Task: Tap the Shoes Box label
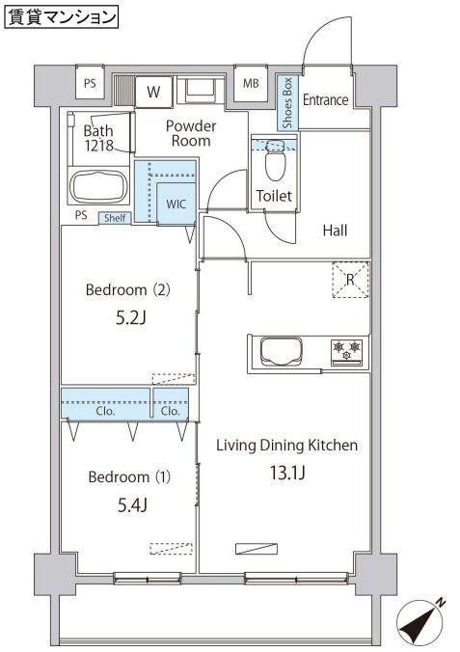tap(287, 103)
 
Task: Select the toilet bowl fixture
tap(274, 160)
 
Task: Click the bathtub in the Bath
tap(99, 186)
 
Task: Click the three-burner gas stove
tap(347, 353)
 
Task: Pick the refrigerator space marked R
tap(350, 280)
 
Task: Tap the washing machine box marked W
tap(153, 92)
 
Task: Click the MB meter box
tap(251, 83)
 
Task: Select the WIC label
tap(176, 204)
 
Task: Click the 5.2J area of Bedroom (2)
tap(131, 318)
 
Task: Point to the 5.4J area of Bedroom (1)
tap(133, 505)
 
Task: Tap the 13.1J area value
tap(287, 473)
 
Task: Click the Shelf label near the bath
tap(115, 218)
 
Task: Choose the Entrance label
tap(325, 99)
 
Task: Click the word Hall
tap(335, 231)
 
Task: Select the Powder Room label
tap(191, 133)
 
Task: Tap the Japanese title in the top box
tap(62, 17)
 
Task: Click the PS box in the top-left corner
tap(90, 83)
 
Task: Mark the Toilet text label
tap(274, 196)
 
